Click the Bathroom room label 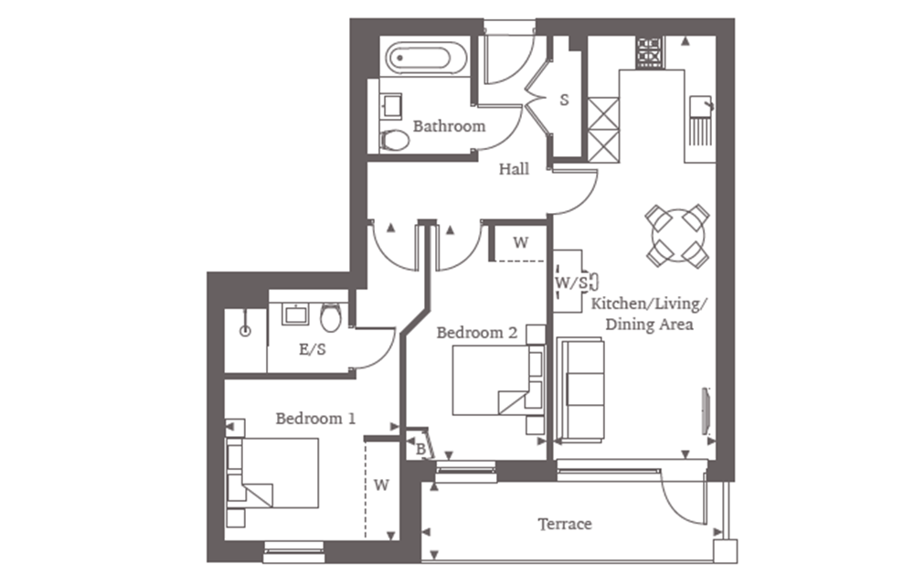[x=449, y=126]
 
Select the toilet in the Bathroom [x=395, y=140]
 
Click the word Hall [x=514, y=169]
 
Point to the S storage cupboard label [x=564, y=100]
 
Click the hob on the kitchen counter [x=651, y=53]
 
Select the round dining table [x=676, y=235]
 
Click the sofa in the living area [x=581, y=389]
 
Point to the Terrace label [x=564, y=524]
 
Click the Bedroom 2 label [x=476, y=333]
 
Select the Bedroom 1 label [x=315, y=419]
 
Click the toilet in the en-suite [x=331, y=318]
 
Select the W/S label [x=571, y=283]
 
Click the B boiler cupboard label [x=420, y=449]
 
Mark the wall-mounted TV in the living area [x=705, y=410]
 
